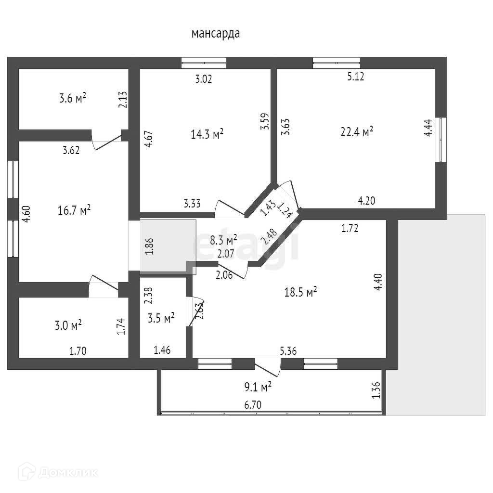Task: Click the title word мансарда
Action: click(216, 34)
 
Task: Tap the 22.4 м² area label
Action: click(357, 132)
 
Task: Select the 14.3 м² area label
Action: click(207, 134)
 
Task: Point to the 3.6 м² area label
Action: click(73, 99)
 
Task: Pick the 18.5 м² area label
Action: click(300, 292)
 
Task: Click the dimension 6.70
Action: click(253, 405)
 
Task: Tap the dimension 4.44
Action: click(428, 129)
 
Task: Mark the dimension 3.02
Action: click(204, 78)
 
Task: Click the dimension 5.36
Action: click(288, 351)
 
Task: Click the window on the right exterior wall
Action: click(441, 140)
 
